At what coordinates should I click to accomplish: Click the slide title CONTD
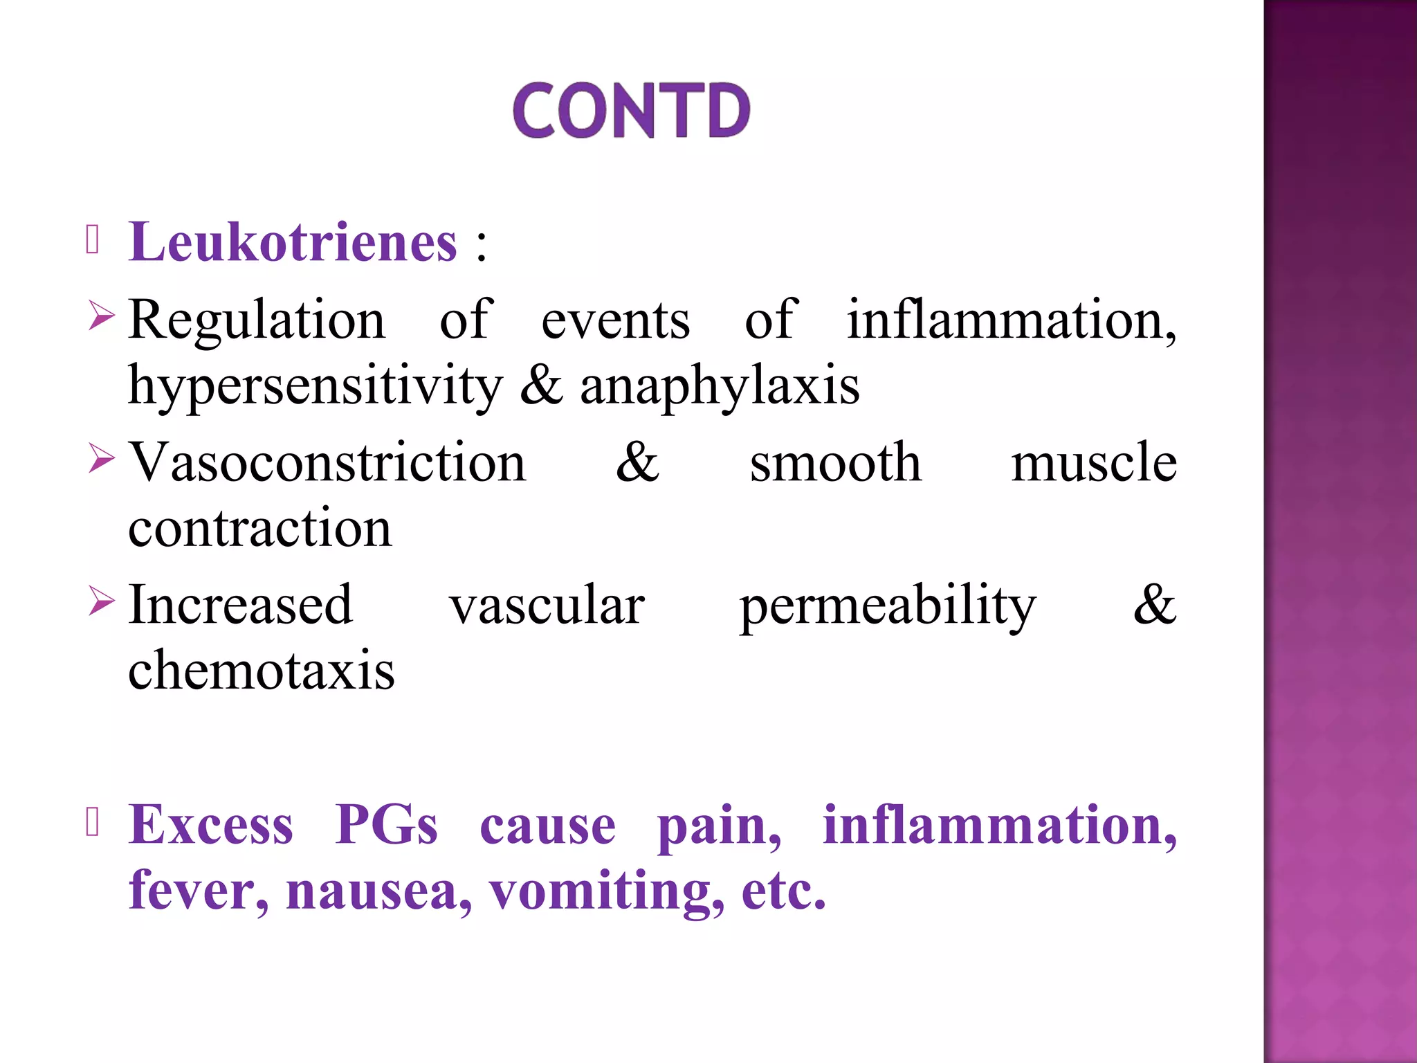631,110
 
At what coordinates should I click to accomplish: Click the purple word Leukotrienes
293,242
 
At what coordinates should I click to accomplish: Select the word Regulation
257,320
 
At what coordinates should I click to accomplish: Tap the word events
615,320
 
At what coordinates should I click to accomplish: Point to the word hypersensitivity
316,386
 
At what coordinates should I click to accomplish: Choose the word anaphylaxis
720,386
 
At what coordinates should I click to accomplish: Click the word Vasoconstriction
327,462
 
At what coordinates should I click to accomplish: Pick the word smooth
835,462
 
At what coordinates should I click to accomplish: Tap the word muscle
1093,462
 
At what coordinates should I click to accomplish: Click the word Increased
241,605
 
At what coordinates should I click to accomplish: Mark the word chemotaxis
262,671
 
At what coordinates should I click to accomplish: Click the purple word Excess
211,825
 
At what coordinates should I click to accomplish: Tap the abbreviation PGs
386,825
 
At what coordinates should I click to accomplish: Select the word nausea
378,891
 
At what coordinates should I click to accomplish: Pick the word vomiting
607,892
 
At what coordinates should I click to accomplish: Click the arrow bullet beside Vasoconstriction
101,459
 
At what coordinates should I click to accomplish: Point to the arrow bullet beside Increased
101,601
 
